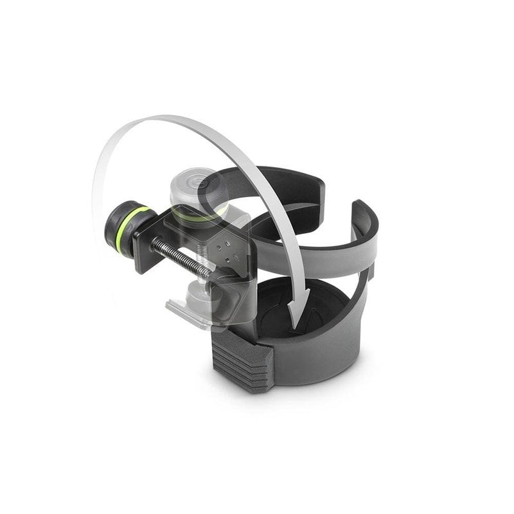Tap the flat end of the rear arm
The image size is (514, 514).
click(x=317, y=186)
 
